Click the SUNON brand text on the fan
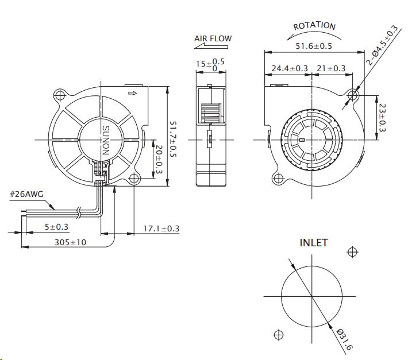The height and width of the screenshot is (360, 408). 106,141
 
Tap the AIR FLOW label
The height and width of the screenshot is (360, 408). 213,39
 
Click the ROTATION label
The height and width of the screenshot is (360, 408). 314,26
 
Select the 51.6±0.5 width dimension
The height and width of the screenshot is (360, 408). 313,46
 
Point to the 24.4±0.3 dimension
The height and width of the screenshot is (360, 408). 290,68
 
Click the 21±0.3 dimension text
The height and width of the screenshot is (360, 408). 331,68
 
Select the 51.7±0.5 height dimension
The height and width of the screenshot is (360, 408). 174,138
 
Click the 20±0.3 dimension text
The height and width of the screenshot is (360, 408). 158,159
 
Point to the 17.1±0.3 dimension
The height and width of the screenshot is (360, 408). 161,229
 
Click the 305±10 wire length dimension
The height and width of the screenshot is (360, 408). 71,242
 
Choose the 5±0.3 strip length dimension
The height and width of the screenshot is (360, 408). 56,227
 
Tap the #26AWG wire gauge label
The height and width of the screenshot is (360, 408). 26,195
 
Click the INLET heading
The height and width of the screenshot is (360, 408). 314,243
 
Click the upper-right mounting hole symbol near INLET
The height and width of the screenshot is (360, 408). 352,252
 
